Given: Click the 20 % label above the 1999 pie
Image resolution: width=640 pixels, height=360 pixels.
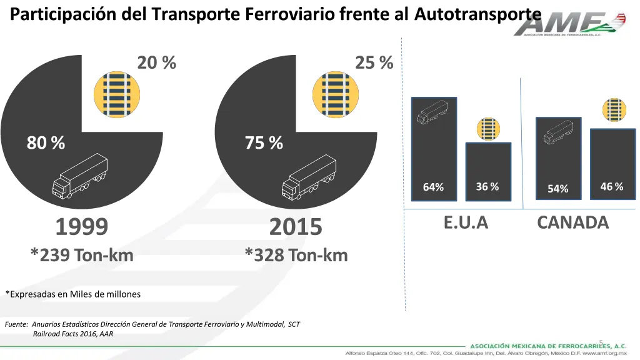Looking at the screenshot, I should tap(156, 63).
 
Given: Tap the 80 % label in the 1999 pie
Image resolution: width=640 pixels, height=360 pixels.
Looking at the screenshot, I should tap(46, 143).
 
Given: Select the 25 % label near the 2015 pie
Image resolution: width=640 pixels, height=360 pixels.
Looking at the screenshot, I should tap(374, 63).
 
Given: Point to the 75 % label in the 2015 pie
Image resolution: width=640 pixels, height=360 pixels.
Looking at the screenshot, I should tap(264, 143).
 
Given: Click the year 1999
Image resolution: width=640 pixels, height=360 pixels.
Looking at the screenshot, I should tap(82, 227).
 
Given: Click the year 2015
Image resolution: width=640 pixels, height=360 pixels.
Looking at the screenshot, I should tap(296, 227).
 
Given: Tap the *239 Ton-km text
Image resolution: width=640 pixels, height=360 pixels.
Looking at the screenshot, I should tap(82, 255).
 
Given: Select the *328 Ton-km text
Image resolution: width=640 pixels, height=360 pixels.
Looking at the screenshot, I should tap(296, 255).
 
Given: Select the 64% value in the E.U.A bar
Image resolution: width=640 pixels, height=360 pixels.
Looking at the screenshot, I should tap(433, 187).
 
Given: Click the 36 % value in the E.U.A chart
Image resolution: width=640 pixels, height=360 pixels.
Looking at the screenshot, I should tap(487, 187).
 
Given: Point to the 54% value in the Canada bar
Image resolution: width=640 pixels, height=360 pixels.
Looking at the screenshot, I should tap(557, 188).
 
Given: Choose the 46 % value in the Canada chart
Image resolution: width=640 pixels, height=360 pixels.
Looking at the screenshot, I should tap(611, 187).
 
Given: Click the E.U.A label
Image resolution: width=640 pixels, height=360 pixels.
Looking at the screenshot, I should tap(466, 222).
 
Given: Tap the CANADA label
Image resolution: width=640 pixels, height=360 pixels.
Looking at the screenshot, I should tap(572, 222).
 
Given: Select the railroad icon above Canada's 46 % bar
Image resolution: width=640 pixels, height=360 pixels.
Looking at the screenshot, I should tap(614, 110).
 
